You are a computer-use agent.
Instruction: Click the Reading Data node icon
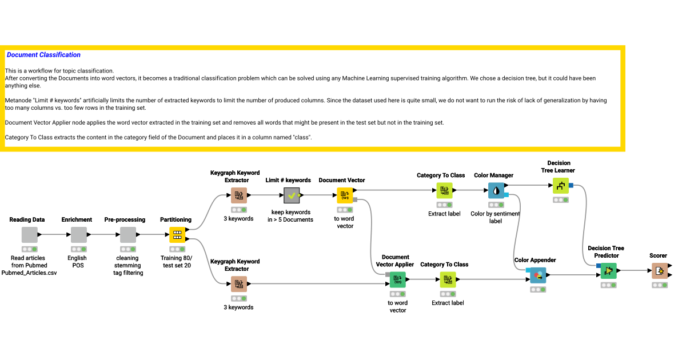(x=29, y=235)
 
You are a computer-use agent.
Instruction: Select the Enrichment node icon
(x=79, y=235)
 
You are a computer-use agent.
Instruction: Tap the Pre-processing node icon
(x=128, y=235)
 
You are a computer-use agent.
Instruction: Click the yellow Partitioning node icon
(x=177, y=235)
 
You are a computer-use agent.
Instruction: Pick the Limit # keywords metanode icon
(x=292, y=195)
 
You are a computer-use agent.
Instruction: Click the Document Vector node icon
(x=345, y=195)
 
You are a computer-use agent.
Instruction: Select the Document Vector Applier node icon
(x=398, y=279)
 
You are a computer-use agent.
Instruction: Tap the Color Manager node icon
(x=496, y=190)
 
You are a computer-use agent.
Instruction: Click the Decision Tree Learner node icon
(x=561, y=185)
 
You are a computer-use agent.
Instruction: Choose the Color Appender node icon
(x=537, y=275)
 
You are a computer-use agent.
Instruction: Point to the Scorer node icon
(x=660, y=271)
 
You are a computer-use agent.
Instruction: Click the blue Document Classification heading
(x=43, y=55)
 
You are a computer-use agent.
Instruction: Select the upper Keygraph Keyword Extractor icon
(x=239, y=195)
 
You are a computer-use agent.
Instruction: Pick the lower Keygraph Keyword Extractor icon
(x=239, y=284)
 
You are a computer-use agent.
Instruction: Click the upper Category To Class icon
(x=444, y=190)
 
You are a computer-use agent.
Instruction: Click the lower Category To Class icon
(x=448, y=279)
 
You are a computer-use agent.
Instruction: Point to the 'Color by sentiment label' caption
(x=496, y=217)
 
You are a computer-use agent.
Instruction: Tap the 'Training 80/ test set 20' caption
(x=177, y=261)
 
